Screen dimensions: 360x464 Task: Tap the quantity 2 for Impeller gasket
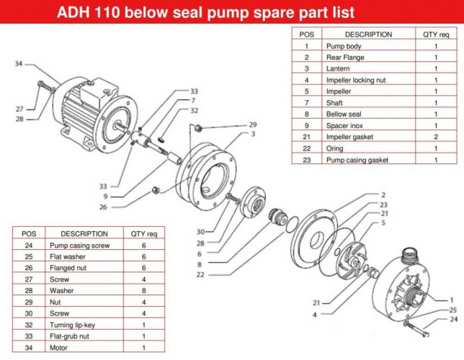435,137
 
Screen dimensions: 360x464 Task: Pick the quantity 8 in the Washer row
143,290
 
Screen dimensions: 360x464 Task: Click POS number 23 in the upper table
305,160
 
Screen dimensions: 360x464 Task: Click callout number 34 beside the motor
19,64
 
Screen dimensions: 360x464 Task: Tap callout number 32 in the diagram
194,110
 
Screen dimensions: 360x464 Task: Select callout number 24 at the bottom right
452,319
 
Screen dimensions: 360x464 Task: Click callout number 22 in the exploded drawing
200,274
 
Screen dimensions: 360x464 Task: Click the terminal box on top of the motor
86,90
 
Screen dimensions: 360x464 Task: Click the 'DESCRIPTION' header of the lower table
84,233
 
